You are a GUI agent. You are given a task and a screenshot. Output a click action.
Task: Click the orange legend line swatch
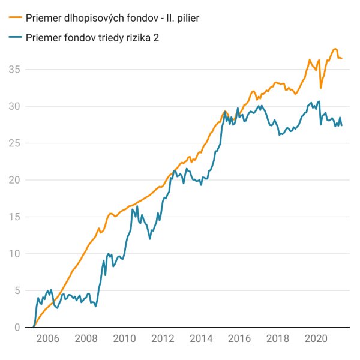point(16,19)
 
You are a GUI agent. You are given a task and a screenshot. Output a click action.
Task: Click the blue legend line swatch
point(16,37)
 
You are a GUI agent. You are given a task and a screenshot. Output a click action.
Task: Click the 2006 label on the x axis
point(47,339)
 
